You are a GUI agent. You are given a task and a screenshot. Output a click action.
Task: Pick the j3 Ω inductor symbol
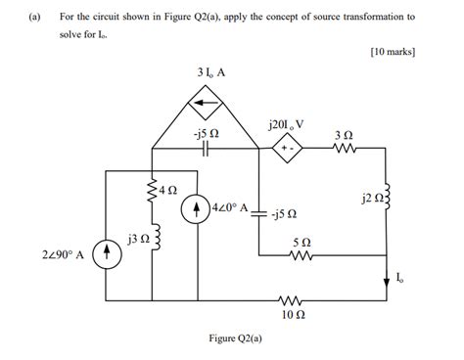tap(153, 237)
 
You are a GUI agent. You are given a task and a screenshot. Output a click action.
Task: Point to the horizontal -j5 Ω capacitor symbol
tap(206, 150)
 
